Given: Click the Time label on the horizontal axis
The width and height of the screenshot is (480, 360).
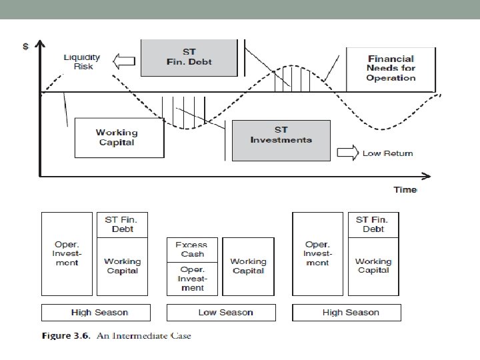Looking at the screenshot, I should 405,190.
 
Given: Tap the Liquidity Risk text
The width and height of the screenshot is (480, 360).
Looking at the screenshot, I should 81,62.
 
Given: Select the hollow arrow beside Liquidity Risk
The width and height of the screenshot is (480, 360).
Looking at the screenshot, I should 123,63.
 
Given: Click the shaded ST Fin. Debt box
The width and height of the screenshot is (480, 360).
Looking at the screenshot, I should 189,57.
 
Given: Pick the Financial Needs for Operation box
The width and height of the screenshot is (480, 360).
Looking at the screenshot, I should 391,68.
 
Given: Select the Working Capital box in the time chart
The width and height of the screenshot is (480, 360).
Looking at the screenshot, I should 119,137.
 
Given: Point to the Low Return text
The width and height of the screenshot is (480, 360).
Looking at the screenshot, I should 387,153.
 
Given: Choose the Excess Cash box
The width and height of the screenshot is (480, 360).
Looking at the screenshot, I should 191,250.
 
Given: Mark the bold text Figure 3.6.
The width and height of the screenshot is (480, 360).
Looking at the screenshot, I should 65,335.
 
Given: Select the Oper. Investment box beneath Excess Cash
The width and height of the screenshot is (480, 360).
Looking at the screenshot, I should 192,279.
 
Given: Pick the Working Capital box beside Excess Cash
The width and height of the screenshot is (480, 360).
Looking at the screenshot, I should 248,266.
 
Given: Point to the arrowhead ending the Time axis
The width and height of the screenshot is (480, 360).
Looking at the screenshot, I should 427,176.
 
